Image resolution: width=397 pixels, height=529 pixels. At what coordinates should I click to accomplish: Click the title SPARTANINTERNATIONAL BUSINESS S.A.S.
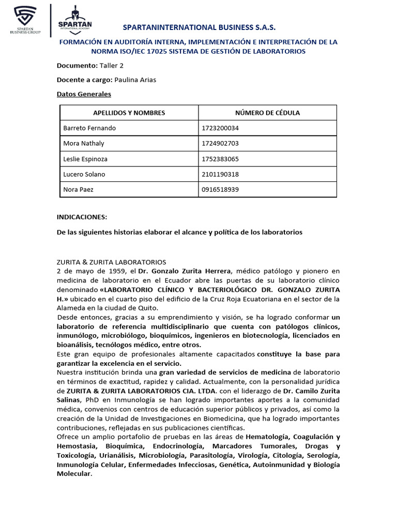[x=199, y=27]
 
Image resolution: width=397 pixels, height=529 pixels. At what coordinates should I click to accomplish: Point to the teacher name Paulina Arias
[x=135, y=80]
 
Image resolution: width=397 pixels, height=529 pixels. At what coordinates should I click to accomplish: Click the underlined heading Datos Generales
[x=84, y=94]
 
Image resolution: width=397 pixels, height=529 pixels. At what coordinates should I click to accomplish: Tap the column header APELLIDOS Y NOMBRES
[x=129, y=113]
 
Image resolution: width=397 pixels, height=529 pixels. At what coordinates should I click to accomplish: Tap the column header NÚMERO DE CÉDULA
[x=267, y=113]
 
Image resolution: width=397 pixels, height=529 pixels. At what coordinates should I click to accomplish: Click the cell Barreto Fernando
[x=89, y=128]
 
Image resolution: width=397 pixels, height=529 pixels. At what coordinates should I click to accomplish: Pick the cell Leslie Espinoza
[x=85, y=159]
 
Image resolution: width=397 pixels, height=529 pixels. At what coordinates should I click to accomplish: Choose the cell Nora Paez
[x=78, y=190]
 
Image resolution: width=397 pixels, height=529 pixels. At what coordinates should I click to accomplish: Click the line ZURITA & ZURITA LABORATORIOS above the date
[x=111, y=262]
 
